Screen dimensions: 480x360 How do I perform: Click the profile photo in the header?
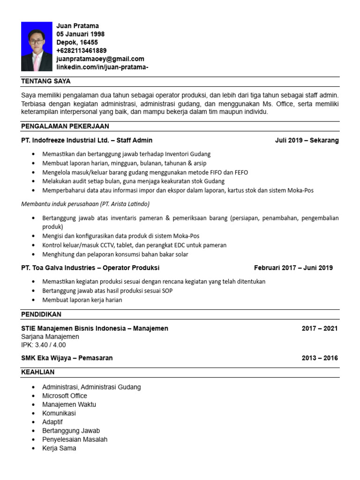[x=37, y=46]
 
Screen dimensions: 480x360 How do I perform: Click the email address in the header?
[x=100, y=59]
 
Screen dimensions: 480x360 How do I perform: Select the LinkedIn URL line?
[x=102, y=67]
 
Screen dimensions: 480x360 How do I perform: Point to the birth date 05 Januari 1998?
[x=80, y=34]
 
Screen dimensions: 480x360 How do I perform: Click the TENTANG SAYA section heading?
[x=46, y=81]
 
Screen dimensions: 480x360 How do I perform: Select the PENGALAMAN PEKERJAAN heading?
[x=65, y=126]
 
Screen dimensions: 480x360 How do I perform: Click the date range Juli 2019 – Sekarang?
[x=307, y=140]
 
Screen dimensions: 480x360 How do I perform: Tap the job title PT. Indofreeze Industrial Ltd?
[x=87, y=140]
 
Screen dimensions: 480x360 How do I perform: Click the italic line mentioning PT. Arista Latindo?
[x=85, y=204]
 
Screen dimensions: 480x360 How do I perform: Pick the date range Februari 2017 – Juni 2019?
[x=293, y=268]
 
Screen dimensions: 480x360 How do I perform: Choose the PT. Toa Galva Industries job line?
[x=90, y=268]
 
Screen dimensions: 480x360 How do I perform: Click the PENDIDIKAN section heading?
[x=41, y=314]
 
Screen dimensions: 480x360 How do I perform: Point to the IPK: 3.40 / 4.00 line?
[x=44, y=345]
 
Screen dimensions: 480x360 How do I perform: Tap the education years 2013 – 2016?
[x=319, y=358]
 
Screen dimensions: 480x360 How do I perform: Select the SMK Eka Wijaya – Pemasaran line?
[x=67, y=358]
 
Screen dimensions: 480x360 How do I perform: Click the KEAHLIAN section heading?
[x=38, y=372]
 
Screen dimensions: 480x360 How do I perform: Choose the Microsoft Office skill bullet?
[x=64, y=396]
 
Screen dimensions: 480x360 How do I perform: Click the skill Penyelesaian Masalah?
[x=75, y=439]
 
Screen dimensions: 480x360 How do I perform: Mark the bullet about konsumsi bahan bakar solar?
[x=115, y=254]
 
